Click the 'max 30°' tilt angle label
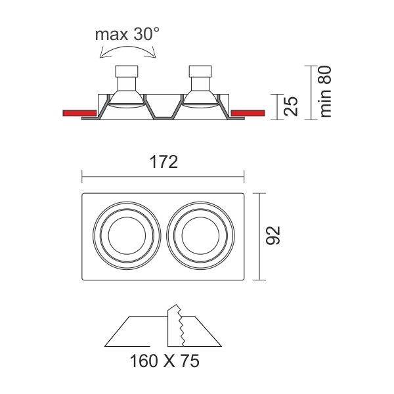click(x=127, y=34)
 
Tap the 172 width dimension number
click(x=164, y=162)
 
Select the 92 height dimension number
click(x=273, y=236)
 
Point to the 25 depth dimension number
click(x=291, y=106)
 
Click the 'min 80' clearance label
click(x=325, y=91)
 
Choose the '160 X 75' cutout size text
click(x=165, y=361)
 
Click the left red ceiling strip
click(x=79, y=113)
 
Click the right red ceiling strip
click(x=248, y=113)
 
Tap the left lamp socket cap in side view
click(x=127, y=72)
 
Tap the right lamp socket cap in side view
click(x=200, y=72)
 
